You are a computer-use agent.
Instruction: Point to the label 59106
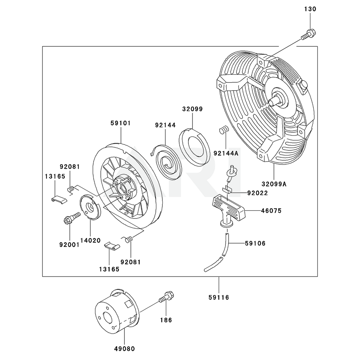(x=255, y=243)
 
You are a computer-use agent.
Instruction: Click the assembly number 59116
(x=219, y=297)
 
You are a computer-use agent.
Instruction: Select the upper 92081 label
(x=69, y=166)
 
